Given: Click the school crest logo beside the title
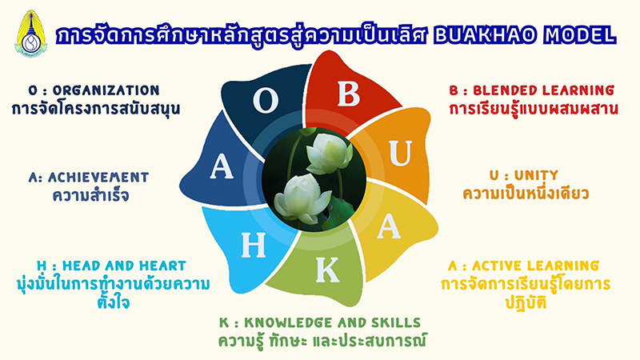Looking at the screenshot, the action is [x=31, y=34].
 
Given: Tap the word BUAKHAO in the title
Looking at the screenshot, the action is [x=485, y=35].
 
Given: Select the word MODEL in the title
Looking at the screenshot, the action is [x=579, y=35].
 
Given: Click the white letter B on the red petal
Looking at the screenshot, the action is [x=349, y=94].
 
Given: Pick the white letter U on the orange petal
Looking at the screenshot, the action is [x=401, y=153].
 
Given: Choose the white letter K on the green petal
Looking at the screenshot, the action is [x=327, y=270].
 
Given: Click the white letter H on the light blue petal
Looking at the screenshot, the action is [x=253, y=245].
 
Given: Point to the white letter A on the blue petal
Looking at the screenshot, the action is [x=222, y=166].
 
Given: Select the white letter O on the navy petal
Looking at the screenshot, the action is [x=266, y=101].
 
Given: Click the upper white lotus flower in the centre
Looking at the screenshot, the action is [x=329, y=153].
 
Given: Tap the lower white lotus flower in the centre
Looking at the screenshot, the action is [x=303, y=198].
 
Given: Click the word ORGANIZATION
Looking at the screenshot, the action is [x=106, y=90].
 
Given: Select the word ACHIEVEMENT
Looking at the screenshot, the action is [x=98, y=177].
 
